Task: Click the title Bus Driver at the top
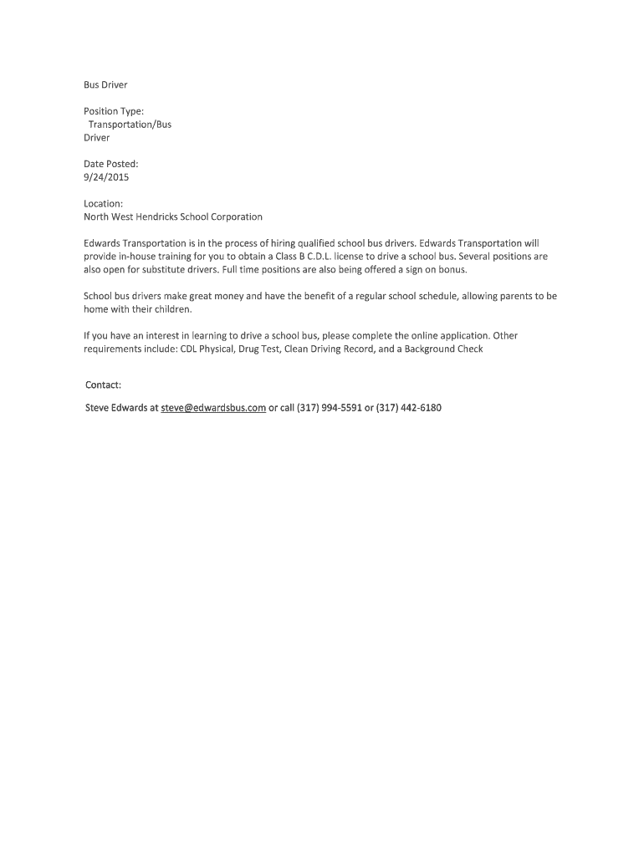click(105, 84)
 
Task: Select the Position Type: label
click(114, 111)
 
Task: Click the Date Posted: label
click(110, 164)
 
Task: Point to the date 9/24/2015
click(106, 177)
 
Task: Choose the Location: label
click(104, 203)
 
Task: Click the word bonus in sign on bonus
click(452, 270)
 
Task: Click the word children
click(172, 308)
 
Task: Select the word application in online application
click(461, 336)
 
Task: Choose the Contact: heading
click(104, 385)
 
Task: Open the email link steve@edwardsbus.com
click(213, 408)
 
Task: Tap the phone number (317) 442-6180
click(409, 408)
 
